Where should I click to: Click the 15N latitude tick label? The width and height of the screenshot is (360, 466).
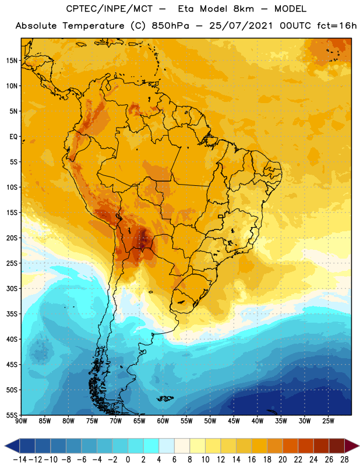pyautogui.click(x=12, y=61)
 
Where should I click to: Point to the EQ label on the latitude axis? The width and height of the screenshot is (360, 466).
pyautogui.click(x=13, y=137)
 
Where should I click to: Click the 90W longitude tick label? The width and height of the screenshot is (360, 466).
pyautogui.click(x=21, y=421)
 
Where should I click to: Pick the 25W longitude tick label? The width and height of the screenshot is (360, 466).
pyautogui.click(x=328, y=421)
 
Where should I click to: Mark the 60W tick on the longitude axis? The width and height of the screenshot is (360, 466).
pyautogui.click(x=163, y=421)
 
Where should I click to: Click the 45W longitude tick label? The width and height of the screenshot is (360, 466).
pyautogui.click(x=234, y=421)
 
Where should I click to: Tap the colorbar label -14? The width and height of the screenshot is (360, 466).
pyautogui.click(x=20, y=460)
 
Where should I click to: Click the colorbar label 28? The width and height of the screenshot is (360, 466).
pyautogui.click(x=344, y=460)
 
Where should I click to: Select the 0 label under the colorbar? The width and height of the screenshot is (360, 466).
pyautogui.click(x=128, y=460)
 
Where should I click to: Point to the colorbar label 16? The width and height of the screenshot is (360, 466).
pyautogui.click(x=252, y=460)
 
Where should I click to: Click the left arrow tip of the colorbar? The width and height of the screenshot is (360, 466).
pyautogui.click(x=5, y=446)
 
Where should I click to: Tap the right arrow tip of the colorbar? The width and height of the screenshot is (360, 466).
pyautogui.click(x=359, y=446)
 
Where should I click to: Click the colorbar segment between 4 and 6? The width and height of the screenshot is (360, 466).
pyautogui.click(x=167, y=446)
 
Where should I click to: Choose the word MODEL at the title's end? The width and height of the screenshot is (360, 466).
pyautogui.click(x=290, y=9)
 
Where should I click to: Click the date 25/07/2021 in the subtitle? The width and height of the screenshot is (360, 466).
pyautogui.click(x=241, y=26)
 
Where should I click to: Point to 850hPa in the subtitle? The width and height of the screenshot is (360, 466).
pyautogui.click(x=170, y=26)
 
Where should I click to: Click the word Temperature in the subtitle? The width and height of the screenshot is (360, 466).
pyautogui.click(x=93, y=26)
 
